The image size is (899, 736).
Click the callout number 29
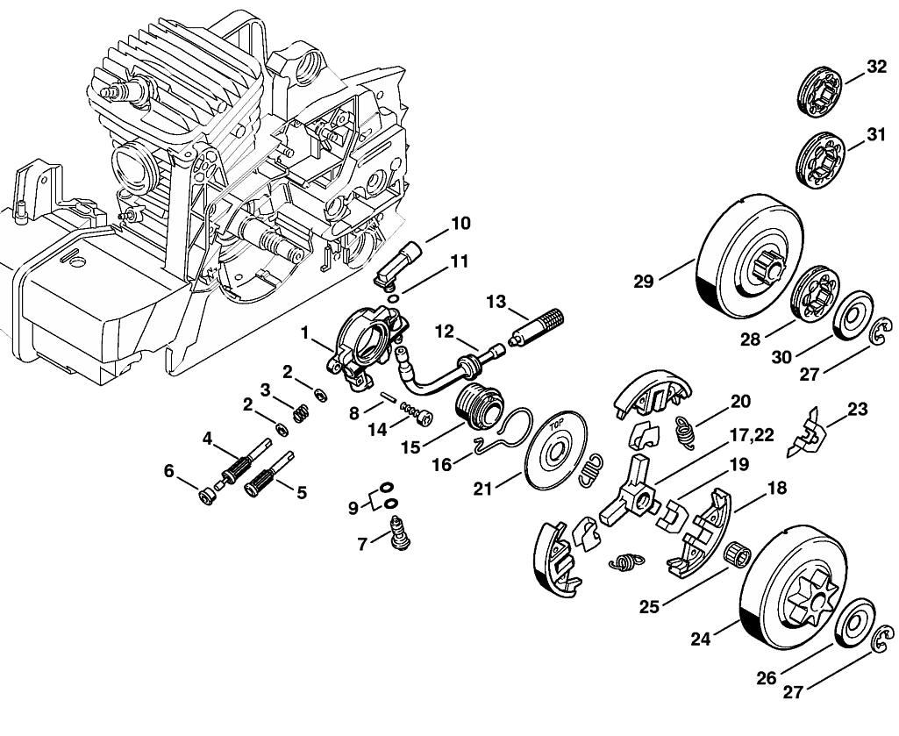pos(644,282)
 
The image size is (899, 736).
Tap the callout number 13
pos(496,301)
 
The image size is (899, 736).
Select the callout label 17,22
pos(752,434)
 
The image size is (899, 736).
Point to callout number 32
pos(876,68)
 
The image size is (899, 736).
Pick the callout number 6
pos(168,471)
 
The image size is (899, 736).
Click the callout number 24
pos(701,639)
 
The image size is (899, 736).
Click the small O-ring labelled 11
pos(394,298)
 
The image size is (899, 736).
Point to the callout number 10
pos(460,223)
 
